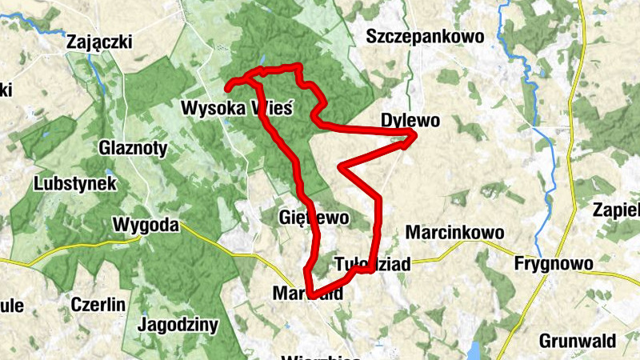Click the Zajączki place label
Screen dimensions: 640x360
[x=100, y=42]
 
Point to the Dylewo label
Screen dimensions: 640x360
[x=410, y=121]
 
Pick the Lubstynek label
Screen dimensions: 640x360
[x=76, y=183]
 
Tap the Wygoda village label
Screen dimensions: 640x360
[x=146, y=225]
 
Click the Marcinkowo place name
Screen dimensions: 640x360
[x=455, y=232]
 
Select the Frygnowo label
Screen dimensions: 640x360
[x=554, y=263]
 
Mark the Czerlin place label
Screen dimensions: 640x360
[x=98, y=304]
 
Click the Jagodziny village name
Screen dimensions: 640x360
[x=178, y=324]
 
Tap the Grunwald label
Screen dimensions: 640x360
[x=578, y=340]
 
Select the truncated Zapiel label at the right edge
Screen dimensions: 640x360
[x=617, y=210]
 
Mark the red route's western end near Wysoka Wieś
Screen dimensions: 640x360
[x=227, y=86]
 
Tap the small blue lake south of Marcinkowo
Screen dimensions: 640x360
[x=475, y=350]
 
